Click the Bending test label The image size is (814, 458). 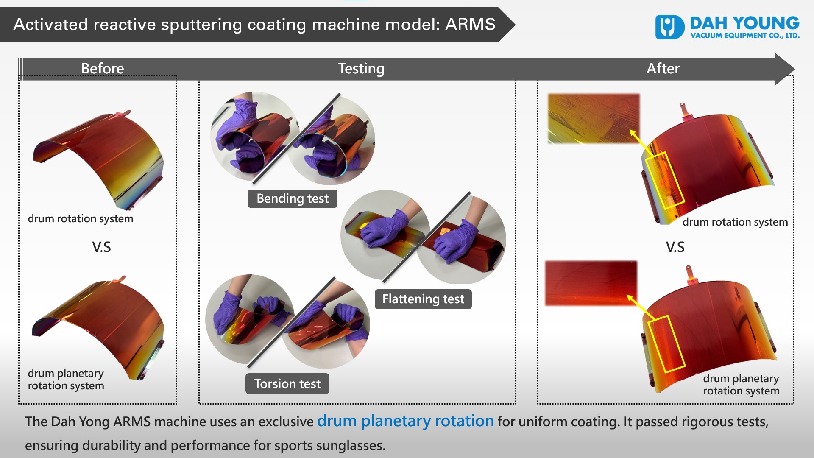(x=293, y=198)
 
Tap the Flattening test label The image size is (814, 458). (x=423, y=299)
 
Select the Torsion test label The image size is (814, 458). (x=287, y=384)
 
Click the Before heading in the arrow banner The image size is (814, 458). (x=103, y=68)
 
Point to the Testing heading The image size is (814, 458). (x=361, y=69)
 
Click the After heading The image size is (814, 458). (x=663, y=68)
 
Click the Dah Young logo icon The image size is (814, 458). (x=670, y=27)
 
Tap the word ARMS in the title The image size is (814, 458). (x=470, y=24)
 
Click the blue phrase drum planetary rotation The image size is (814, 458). (x=406, y=421)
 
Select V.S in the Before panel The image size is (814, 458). (x=102, y=247)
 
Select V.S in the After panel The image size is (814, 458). (x=675, y=247)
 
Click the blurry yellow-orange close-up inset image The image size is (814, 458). (x=594, y=119)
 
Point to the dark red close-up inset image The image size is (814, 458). (x=591, y=283)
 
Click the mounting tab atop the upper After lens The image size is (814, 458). (x=684, y=111)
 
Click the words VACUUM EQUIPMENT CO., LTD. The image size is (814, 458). (x=745, y=36)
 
